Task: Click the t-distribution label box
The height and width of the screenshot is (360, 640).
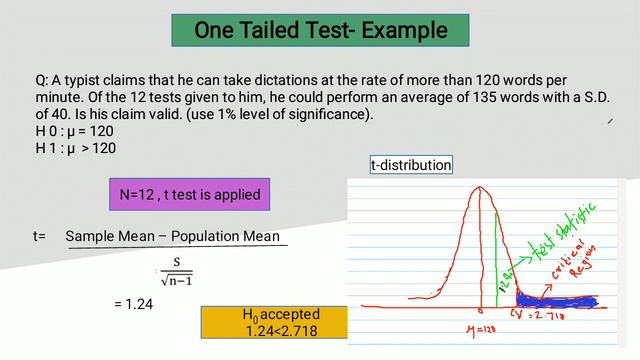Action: [x=411, y=164]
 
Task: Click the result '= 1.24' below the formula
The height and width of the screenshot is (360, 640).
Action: [x=133, y=303]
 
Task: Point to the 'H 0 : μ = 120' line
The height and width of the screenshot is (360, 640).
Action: [x=76, y=131]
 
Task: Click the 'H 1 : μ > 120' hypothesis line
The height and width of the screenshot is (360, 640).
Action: [x=76, y=148]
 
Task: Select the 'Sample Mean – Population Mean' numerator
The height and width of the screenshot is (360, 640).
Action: [x=172, y=236]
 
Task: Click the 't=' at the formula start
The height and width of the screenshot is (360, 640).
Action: [x=39, y=236]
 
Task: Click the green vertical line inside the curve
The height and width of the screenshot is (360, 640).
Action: [x=496, y=260]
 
